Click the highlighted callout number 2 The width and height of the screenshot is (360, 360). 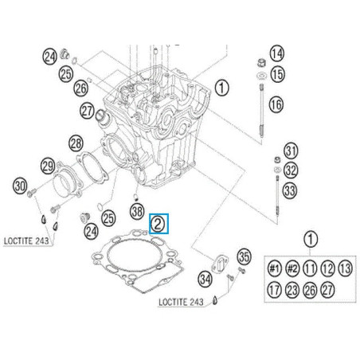click(x=158, y=224)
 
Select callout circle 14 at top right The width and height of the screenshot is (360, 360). click(x=276, y=54)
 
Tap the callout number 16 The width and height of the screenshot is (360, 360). click(x=276, y=104)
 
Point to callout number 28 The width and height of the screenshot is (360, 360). click(x=76, y=143)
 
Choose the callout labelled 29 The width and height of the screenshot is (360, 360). click(x=48, y=166)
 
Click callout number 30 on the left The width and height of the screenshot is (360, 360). click(x=21, y=186)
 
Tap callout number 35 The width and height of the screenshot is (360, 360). click(x=245, y=256)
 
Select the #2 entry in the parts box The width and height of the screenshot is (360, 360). click(x=292, y=267)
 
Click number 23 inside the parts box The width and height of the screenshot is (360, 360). click(x=292, y=290)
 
